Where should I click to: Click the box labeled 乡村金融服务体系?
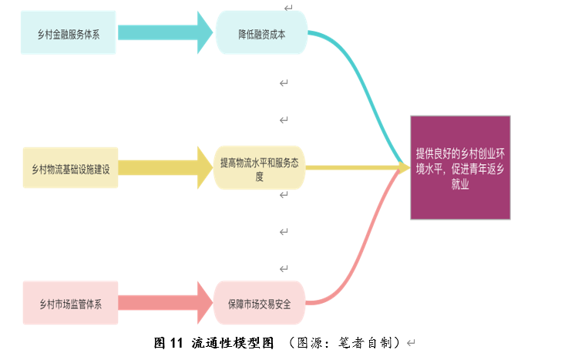tap(69, 33)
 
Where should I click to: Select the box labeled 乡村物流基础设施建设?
tap(70, 169)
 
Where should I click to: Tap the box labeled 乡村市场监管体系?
tap(70, 303)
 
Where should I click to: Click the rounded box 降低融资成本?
tap(262, 33)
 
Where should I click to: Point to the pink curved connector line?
tap(368, 247)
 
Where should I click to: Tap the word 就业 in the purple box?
tap(460, 184)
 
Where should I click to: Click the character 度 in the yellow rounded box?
tap(260, 177)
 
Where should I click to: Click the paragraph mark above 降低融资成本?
tap(288, 8)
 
